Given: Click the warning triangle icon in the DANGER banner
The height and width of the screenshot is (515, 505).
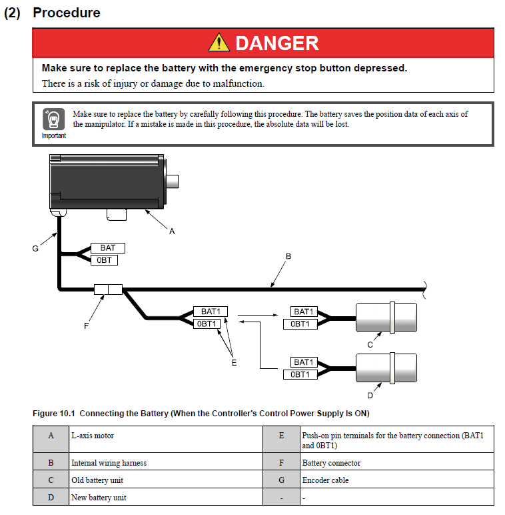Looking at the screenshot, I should (x=219, y=43).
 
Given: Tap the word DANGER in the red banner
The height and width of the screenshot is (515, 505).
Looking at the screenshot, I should (x=276, y=43).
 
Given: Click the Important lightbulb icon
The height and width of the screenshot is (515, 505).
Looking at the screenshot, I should (x=53, y=119).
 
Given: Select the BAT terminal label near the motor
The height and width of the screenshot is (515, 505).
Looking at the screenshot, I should (x=108, y=248).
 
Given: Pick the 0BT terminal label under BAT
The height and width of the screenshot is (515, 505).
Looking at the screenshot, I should (x=105, y=260).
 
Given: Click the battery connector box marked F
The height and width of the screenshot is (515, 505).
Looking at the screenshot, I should (x=107, y=289).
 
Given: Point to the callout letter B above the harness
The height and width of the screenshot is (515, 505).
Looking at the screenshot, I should (x=288, y=256).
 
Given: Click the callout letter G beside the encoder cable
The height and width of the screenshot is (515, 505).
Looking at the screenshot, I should (x=36, y=249).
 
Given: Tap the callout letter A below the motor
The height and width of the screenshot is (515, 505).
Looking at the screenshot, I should (x=172, y=231).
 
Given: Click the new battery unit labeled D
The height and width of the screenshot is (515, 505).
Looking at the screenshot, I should (x=386, y=368).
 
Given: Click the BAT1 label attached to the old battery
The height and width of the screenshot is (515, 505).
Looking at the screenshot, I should (x=303, y=312).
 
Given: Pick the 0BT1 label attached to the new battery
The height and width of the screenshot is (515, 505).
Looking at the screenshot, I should (x=300, y=375).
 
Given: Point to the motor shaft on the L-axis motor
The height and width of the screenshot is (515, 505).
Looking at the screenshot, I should (x=173, y=180).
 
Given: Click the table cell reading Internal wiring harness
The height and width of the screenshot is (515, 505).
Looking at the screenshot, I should (x=109, y=462).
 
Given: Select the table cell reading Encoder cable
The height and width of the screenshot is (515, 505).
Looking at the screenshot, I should (x=326, y=480).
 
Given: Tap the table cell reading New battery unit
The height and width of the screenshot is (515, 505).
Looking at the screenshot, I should (x=99, y=497).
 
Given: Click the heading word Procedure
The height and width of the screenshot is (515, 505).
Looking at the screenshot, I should (x=67, y=13).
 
